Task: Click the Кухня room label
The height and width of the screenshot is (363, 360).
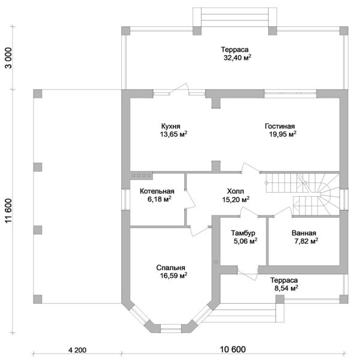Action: (172, 127)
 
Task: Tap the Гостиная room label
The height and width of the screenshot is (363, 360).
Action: (280, 127)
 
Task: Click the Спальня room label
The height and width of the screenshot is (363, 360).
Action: (171, 268)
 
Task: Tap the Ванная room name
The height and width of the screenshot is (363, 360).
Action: (304, 233)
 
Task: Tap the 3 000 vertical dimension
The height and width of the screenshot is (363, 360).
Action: (8, 60)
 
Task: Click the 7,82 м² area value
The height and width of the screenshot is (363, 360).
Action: (305, 241)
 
